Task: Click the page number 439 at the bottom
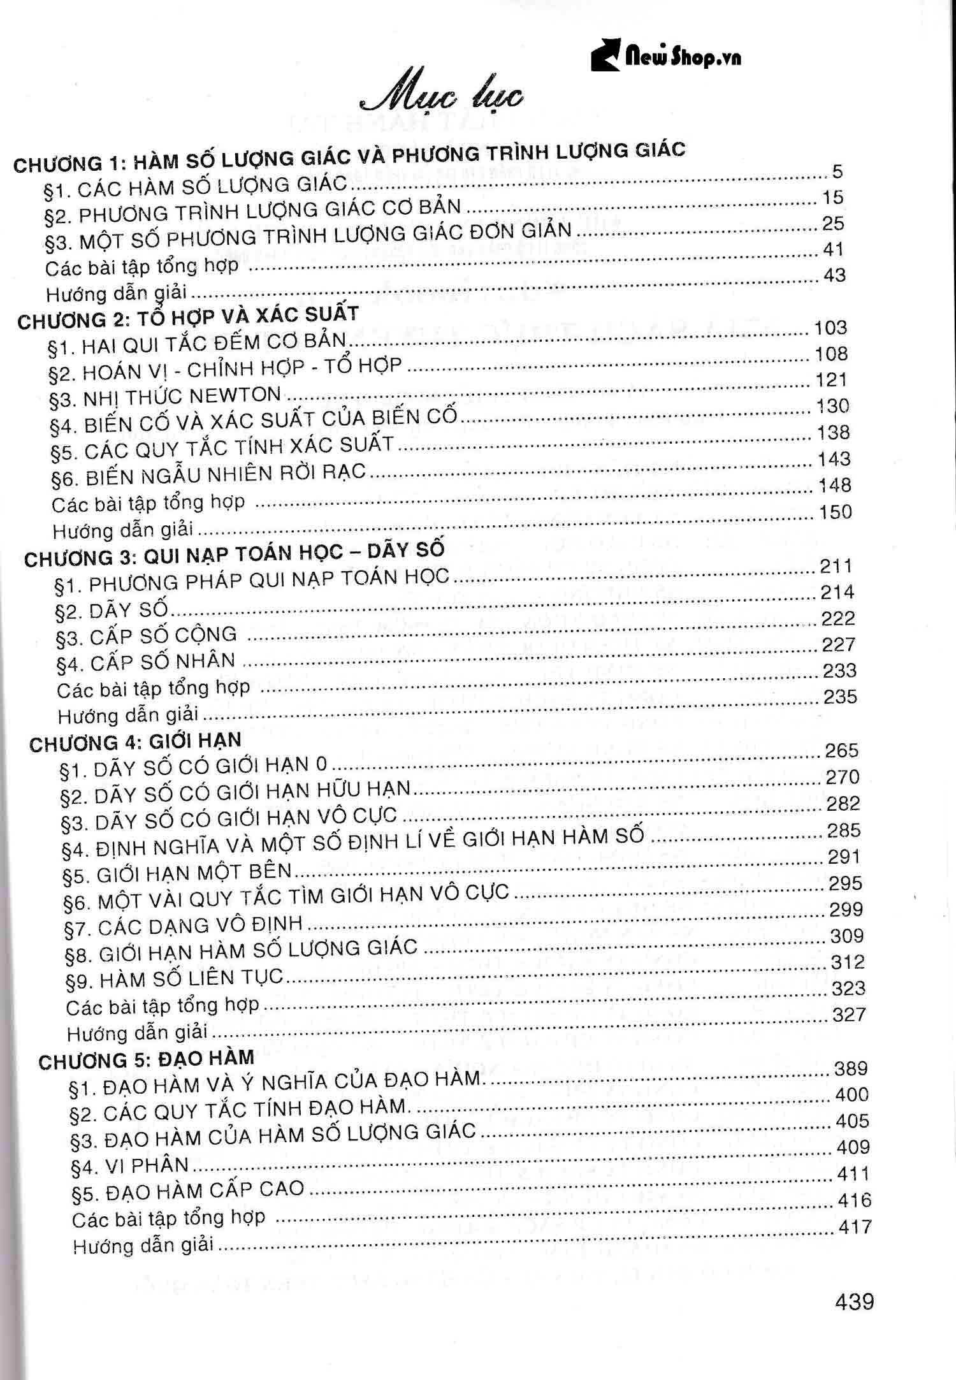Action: [x=854, y=1301]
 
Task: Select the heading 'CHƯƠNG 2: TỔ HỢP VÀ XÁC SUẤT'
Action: [x=188, y=317]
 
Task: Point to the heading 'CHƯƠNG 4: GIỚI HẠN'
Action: [x=135, y=742]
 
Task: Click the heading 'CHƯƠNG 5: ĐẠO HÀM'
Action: [x=146, y=1059]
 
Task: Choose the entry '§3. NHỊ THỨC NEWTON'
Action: [x=165, y=397]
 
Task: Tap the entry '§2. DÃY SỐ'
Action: [x=112, y=610]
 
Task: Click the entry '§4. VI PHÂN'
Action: [x=130, y=1166]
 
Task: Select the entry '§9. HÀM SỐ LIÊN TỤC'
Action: [x=175, y=979]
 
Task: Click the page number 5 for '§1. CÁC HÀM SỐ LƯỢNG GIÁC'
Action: [x=837, y=171]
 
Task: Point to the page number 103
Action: [x=830, y=328]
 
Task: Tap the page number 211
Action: [x=835, y=566]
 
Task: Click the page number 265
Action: [x=841, y=751]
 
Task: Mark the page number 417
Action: [x=855, y=1226]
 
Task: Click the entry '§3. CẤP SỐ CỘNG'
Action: [x=146, y=636]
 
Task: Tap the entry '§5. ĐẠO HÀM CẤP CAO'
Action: [x=188, y=1191]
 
